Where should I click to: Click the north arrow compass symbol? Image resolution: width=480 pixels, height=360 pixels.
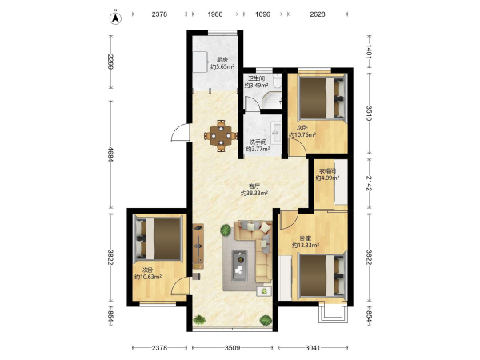click(115, 18)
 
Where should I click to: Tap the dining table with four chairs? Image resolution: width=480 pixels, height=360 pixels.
click(221, 136)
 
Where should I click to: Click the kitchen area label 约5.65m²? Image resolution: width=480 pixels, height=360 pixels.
click(222, 66)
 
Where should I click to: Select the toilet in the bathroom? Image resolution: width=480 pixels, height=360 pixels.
click(278, 81)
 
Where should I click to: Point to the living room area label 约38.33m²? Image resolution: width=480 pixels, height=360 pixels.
click(254, 193)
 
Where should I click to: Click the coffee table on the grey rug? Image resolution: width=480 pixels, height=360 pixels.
click(239, 266)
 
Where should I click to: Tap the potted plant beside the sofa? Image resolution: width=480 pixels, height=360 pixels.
click(226, 230)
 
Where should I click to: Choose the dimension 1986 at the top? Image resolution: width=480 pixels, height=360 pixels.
click(215, 14)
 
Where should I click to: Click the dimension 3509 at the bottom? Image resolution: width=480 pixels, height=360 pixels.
click(232, 347)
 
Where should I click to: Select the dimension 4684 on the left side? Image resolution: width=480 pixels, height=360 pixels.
click(111, 155)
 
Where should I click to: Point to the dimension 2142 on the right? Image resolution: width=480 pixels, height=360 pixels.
click(369, 183)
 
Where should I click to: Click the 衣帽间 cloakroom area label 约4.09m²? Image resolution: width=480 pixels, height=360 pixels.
click(327, 178)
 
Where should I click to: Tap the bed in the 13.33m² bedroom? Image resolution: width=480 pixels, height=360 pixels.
click(322, 275)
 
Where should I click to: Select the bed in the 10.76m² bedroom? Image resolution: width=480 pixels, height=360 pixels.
click(322, 98)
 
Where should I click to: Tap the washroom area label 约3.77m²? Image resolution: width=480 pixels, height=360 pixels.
click(258, 149)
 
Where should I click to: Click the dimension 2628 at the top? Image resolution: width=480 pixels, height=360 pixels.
click(318, 14)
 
